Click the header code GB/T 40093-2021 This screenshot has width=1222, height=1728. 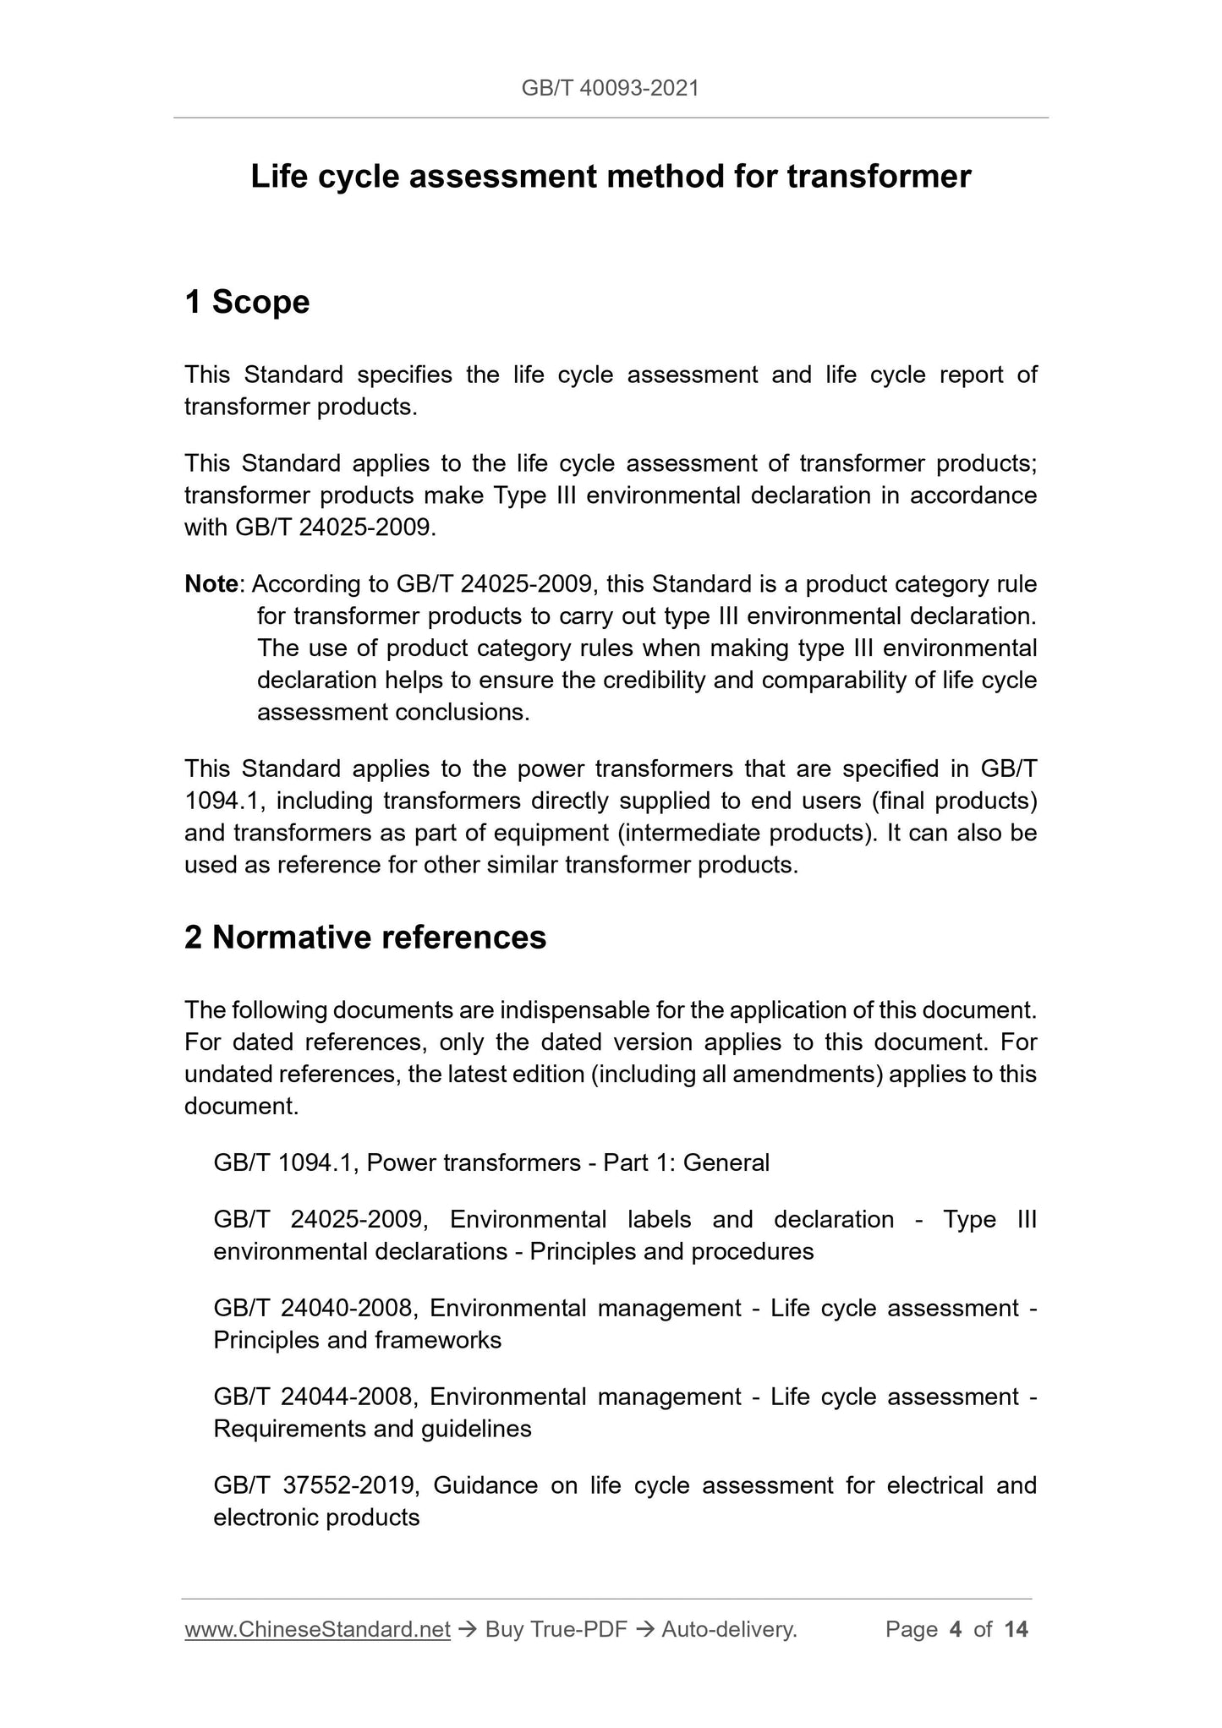click(610, 88)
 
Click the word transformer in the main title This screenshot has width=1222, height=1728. click(879, 176)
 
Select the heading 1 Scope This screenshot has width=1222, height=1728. click(247, 302)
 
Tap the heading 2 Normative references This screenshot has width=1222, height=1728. click(365, 938)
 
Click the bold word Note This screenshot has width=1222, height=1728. click(211, 584)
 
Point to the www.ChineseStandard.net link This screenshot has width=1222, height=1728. click(317, 1629)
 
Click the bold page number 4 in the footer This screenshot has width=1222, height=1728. click(956, 1629)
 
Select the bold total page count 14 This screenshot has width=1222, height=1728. click(1016, 1629)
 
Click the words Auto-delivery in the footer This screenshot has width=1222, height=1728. click(729, 1629)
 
